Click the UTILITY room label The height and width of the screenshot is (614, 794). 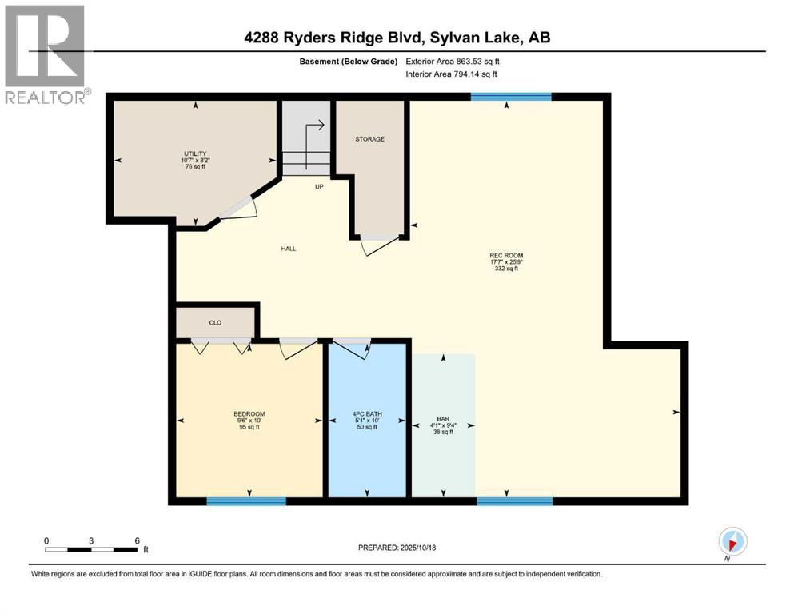point(196,153)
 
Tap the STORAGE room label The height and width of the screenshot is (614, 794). point(369,139)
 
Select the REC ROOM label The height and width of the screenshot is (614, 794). point(506,256)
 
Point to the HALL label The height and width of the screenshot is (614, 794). point(289,249)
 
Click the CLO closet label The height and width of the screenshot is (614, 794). point(215,323)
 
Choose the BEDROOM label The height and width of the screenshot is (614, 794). point(249,414)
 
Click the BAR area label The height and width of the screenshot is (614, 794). point(441,418)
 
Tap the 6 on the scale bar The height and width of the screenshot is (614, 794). point(137,541)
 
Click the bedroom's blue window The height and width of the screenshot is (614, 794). point(246,501)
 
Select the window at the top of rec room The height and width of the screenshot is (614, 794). point(510,97)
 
